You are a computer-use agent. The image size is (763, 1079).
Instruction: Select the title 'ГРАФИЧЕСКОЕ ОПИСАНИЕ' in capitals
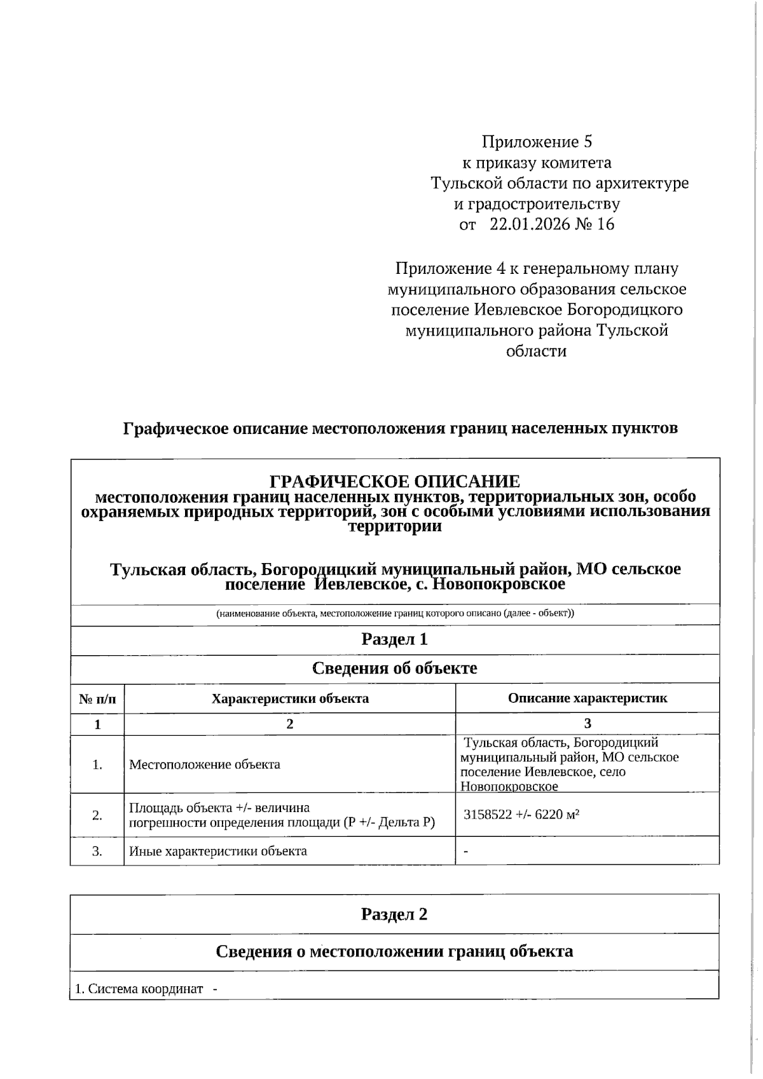(395, 481)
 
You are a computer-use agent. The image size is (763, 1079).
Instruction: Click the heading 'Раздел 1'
(394, 639)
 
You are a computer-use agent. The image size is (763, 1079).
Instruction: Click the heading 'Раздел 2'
(394, 914)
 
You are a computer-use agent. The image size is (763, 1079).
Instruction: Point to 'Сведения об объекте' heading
(394, 668)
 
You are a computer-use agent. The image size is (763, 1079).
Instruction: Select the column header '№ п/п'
(97, 699)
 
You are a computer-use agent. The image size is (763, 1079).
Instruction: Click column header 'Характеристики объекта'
(290, 699)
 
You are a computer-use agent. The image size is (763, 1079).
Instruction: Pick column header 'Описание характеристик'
(588, 698)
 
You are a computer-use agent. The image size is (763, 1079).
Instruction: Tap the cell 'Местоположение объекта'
(205, 764)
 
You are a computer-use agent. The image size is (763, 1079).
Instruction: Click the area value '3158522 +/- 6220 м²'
(521, 815)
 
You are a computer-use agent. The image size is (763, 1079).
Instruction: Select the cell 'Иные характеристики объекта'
(218, 851)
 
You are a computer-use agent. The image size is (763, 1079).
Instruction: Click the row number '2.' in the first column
(97, 815)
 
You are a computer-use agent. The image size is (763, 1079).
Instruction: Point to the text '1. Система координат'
(139, 989)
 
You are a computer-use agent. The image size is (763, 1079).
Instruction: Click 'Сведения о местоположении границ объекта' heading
(394, 951)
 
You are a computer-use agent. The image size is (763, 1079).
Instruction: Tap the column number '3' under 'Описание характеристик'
(588, 723)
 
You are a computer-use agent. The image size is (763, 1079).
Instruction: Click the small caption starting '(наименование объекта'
(395, 614)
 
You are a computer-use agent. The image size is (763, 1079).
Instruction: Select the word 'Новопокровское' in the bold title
(499, 583)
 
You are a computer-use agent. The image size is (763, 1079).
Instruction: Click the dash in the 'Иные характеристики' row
(466, 852)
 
